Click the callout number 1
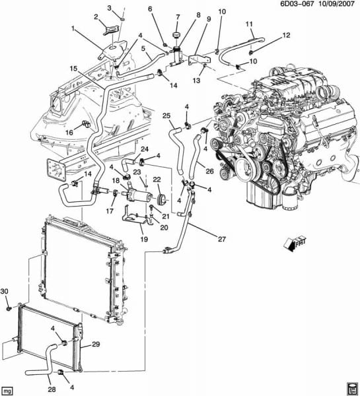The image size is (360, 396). click(x=73, y=28)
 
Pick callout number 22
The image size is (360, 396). click(x=157, y=180)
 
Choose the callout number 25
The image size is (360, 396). click(x=166, y=116)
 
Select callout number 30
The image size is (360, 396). click(x=5, y=291)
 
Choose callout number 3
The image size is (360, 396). click(x=110, y=7)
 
